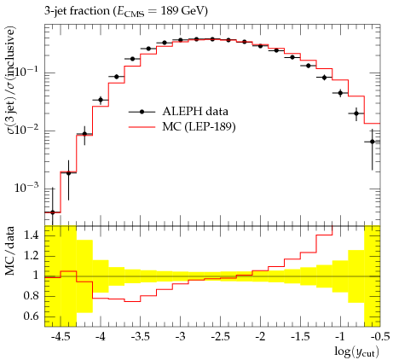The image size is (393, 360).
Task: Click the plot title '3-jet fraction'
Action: (x=77, y=11)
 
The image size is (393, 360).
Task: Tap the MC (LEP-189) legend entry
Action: (x=182, y=127)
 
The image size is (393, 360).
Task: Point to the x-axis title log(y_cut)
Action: (x=356, y=351)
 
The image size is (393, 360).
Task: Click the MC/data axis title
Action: (x=9, y=251)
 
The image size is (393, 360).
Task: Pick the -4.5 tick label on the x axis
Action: (x=61, y=337)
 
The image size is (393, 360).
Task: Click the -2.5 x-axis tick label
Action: (x=221, y=337)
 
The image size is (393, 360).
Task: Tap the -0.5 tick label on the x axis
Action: (x=380, y=337)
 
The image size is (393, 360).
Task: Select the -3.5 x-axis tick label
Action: (x=141, y=337)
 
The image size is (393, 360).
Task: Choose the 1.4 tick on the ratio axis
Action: (x=31, y=235)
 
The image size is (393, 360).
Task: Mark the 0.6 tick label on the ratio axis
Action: (x=31, y=316)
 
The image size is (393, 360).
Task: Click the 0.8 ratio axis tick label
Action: (x=31, y=296)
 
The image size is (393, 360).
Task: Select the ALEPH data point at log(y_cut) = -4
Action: (x=101, y=100)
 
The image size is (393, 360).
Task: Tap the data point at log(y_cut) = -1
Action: (x=340, y=93)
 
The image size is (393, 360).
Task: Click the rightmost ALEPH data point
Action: (x=373, y=142)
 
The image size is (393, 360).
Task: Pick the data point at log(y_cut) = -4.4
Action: (x=68, y=173)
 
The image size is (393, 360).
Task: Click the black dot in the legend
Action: (x=142, y=112)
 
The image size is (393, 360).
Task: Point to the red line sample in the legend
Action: (x=142, y=127)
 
